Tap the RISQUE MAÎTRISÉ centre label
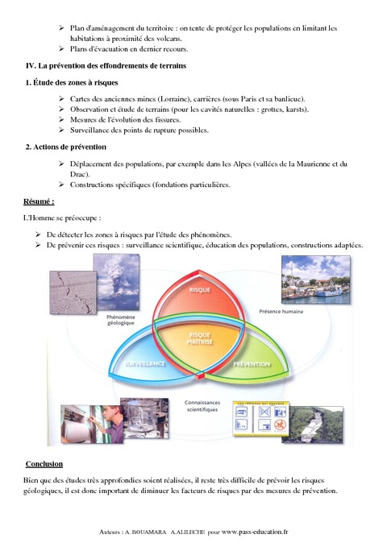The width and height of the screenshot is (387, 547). (x=199, y=338)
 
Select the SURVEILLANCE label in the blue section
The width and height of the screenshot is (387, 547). (x=145, y=364)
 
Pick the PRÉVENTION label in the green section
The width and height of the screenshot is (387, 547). (x=251, y=364)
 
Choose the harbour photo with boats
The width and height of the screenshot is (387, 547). (x=317, y=279)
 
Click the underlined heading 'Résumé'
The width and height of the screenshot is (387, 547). (x=40, y=201)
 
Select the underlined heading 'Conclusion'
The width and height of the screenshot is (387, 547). (x=44, y=464)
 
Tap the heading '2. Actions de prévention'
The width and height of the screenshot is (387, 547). (x=66, y=147)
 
